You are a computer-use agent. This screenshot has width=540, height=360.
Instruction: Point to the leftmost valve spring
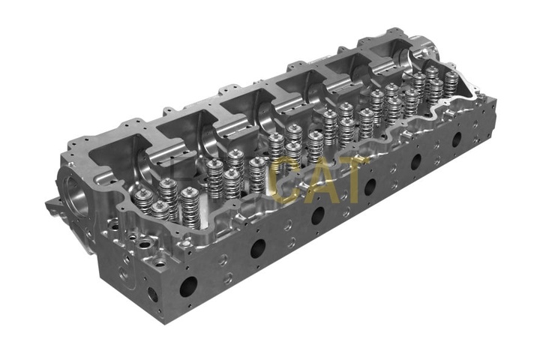coord(144,201)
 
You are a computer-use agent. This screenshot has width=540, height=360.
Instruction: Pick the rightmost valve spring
coord(451,84)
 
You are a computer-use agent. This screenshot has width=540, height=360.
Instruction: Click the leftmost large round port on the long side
coord(188,286)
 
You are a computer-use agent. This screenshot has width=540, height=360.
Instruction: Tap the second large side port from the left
coord(258,248)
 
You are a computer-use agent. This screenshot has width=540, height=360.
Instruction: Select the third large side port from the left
coord(318,216)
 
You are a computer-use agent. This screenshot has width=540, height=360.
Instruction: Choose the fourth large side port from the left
coord(370,187)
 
